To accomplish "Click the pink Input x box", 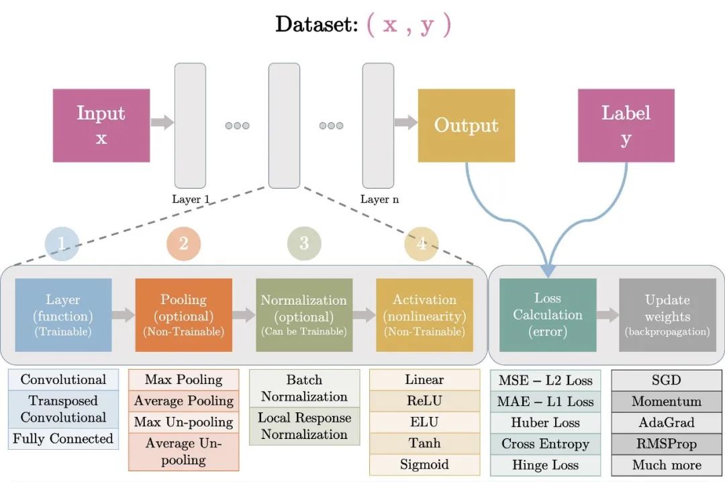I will (101, 126).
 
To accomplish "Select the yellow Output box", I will (466, 126).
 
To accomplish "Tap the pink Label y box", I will (626, 126).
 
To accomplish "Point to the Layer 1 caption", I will (191, 199).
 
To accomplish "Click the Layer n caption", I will (379, 199).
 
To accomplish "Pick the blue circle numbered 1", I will (62, 243).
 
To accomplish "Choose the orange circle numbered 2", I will (183, 243).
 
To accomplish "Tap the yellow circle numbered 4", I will (421, 243).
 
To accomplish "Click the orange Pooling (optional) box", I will (183, 315).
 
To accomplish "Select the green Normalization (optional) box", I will (304, 315).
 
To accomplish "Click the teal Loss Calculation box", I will (548, 315).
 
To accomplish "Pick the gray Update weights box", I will (667, 315).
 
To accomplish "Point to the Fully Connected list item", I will (63, 439).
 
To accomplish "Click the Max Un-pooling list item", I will (183, 422).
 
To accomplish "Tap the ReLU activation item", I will (424, 401).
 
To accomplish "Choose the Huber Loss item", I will (545, 423).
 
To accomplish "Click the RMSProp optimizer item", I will (667, 444).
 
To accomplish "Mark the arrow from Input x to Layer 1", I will (162, 122).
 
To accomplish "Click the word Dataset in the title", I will (316, 25).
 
